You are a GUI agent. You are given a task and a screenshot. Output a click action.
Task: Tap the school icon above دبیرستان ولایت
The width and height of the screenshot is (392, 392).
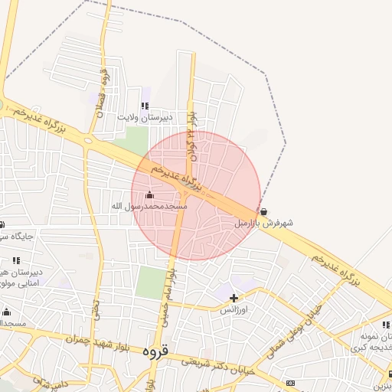pos(145,106)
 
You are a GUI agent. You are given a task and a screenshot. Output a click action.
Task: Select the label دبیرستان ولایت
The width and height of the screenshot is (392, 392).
pos(145,118)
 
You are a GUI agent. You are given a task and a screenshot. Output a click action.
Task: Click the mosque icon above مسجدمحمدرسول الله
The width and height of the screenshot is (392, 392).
pos(149,194)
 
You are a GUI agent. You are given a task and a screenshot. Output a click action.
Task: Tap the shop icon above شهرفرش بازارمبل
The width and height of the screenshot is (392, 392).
pos(264,211)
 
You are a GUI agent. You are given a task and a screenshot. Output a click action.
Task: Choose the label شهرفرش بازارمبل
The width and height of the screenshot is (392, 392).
pos(263,224)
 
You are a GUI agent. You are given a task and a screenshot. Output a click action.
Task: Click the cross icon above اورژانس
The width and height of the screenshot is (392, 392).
pos(234,297)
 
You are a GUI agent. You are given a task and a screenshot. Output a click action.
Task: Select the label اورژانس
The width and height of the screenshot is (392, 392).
pos(234,310)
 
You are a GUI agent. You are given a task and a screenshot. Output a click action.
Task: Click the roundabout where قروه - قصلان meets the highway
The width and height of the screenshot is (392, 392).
pos(91,141)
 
